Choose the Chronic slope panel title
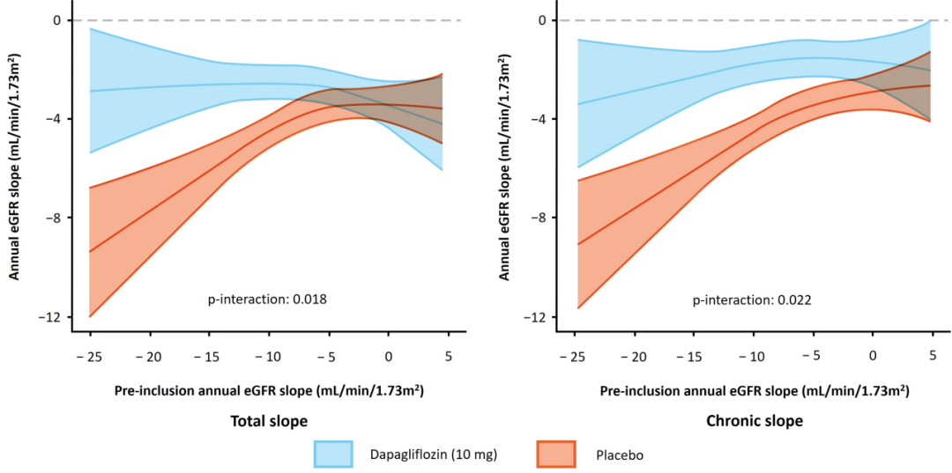coord(755,421)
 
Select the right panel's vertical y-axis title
coord(504,166)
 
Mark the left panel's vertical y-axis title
coord(15,166)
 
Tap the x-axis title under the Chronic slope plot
coord(755,389)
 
